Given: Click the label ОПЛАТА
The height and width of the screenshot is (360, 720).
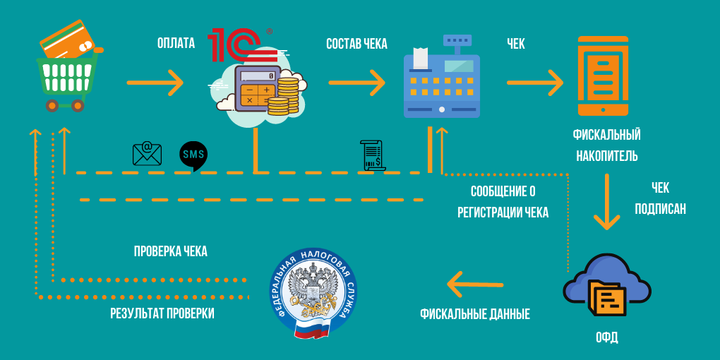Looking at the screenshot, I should (x=176, y=44).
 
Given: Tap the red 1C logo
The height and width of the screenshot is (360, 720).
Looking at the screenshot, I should (x=239, y=46).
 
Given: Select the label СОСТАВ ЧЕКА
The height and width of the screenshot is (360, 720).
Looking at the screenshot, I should (x=356, y=44).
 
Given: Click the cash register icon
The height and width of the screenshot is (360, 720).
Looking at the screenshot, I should (x=441, y=77).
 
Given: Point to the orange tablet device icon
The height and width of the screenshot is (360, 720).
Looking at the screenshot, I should (x=602, y=76).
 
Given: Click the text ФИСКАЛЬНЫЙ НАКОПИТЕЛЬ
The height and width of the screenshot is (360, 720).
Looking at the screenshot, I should (x=606, y=145).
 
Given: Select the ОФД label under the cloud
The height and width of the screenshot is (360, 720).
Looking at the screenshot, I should (x=606, y=337).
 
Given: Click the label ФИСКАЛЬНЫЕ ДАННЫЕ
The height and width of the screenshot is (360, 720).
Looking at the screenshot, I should (x=474, y=314).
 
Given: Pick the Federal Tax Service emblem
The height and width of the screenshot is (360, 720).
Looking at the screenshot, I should (x=313, y=292).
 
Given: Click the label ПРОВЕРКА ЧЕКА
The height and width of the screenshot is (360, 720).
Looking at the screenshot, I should (x=171, y=251).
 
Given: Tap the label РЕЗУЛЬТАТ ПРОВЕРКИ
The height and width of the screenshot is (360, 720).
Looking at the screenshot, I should (x=162, y=313).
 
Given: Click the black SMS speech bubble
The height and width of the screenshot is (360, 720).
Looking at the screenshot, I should (x=193, y=155).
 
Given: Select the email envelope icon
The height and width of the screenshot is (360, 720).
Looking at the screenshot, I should (x=147, y=153).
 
